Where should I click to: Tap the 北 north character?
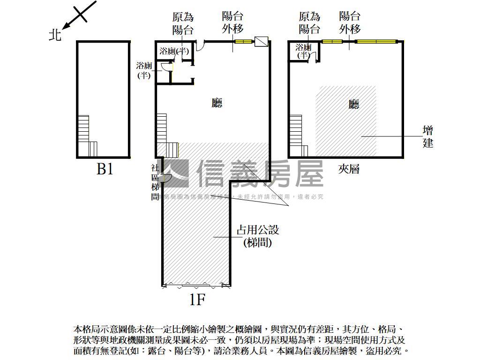tap(55, 35)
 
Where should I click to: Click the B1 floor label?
tap(105, 169)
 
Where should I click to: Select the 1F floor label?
tap(198, 299)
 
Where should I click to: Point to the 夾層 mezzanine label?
tap(349, 169)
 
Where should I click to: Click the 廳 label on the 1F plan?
tap(217, 103)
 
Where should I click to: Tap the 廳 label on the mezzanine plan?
tap(354, 104)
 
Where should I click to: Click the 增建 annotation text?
tap(428, 136)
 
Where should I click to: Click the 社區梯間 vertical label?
tap(155, 183)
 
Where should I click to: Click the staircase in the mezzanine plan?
tap(298, 136)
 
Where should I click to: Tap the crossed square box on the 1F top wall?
tap(261, 42)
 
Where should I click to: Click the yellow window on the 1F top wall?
tap(243, 42)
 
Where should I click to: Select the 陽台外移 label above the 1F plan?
tap(232, 22)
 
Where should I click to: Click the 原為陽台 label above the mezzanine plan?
tap(309, 23)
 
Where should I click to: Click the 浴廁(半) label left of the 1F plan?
tap(144, 70)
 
